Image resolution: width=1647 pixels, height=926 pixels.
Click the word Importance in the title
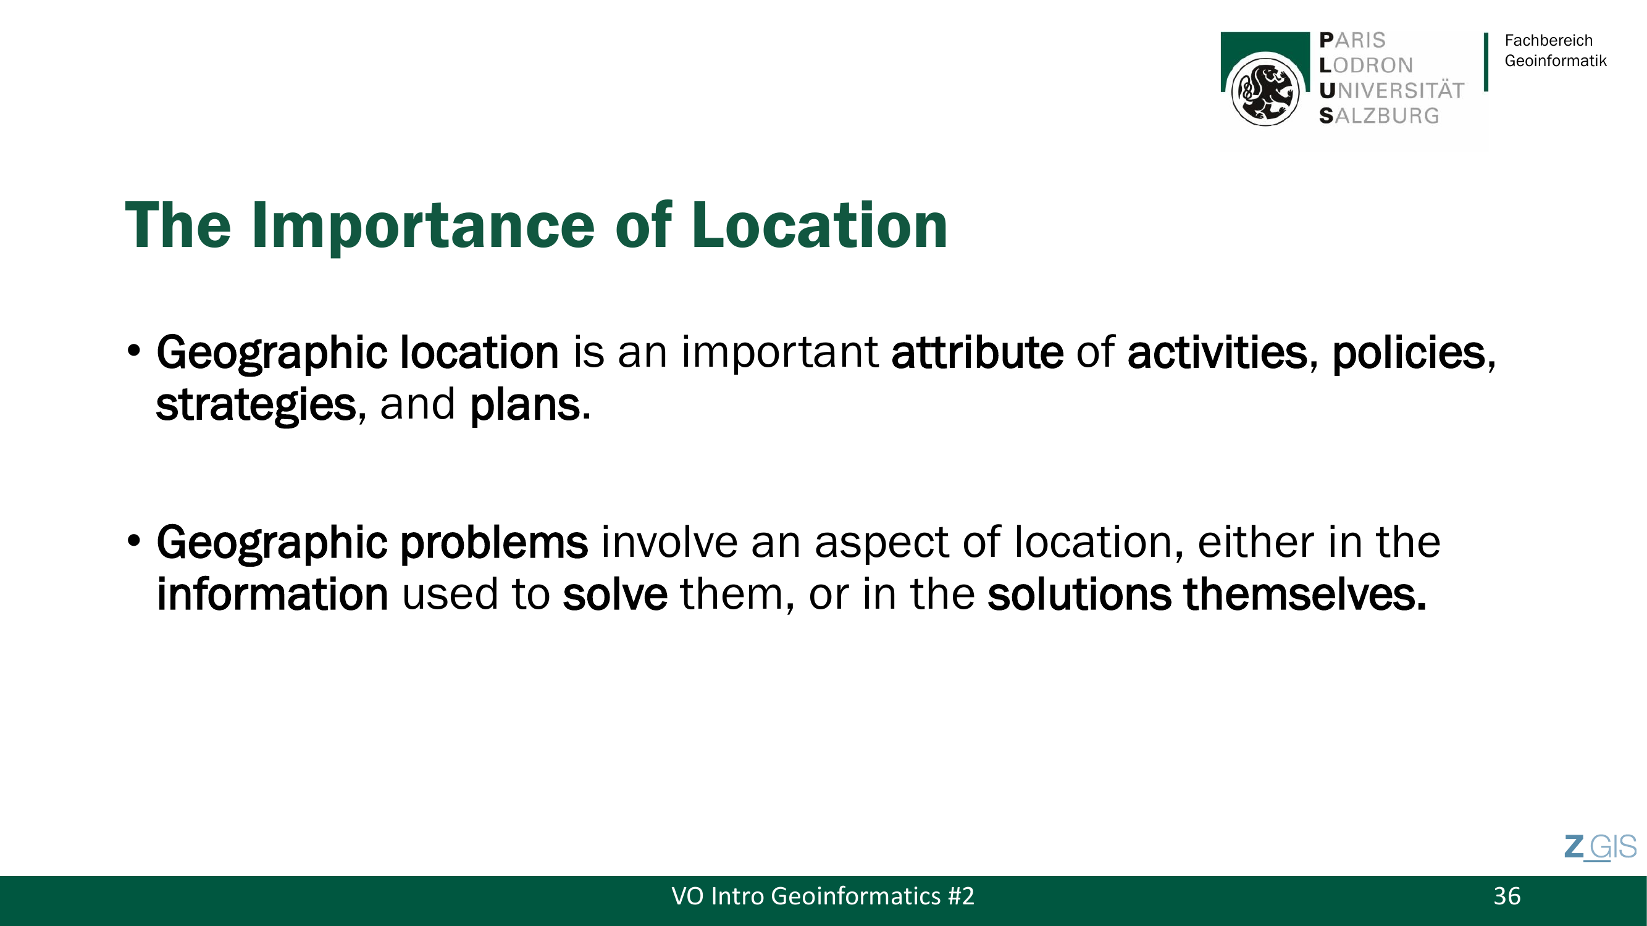pyautogui.click(x=422, y=225)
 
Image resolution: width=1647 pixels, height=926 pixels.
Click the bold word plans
pyautogui.click(x=530, y=405)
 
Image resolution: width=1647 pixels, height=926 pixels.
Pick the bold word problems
pyautogui.click(x=493, y=543)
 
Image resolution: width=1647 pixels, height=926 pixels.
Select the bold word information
pyautogui.click(x=272, y=594)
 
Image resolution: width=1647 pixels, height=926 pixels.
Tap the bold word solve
pyautogui.click(x=615, y=594)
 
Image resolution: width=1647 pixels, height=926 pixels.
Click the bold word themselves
pyautogui.click(x=1305, y=594)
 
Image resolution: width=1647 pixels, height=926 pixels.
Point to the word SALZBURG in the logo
pyautogui.click(x=1379, y=115)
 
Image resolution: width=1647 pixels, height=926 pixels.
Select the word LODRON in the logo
pyautogui.click(x=1365, y=65)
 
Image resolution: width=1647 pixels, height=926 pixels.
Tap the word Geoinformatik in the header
pyautogui.click(x=1556, y=60)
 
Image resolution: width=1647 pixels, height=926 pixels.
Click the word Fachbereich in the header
pyautogui.click(x=1549, y=40)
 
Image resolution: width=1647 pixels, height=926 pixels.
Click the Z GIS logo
pyautogui.click(x=1600, y=848)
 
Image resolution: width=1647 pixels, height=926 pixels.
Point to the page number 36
pyautogui.click(x=1507, y=896)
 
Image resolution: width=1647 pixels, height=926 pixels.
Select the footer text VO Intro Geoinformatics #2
pyautogui.click(x=823, y=896)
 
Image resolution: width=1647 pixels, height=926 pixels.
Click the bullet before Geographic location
pyautogui.click(x=133, y=351)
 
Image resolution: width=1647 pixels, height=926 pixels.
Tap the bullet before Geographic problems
pyautogui.click(x=133, y=541)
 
